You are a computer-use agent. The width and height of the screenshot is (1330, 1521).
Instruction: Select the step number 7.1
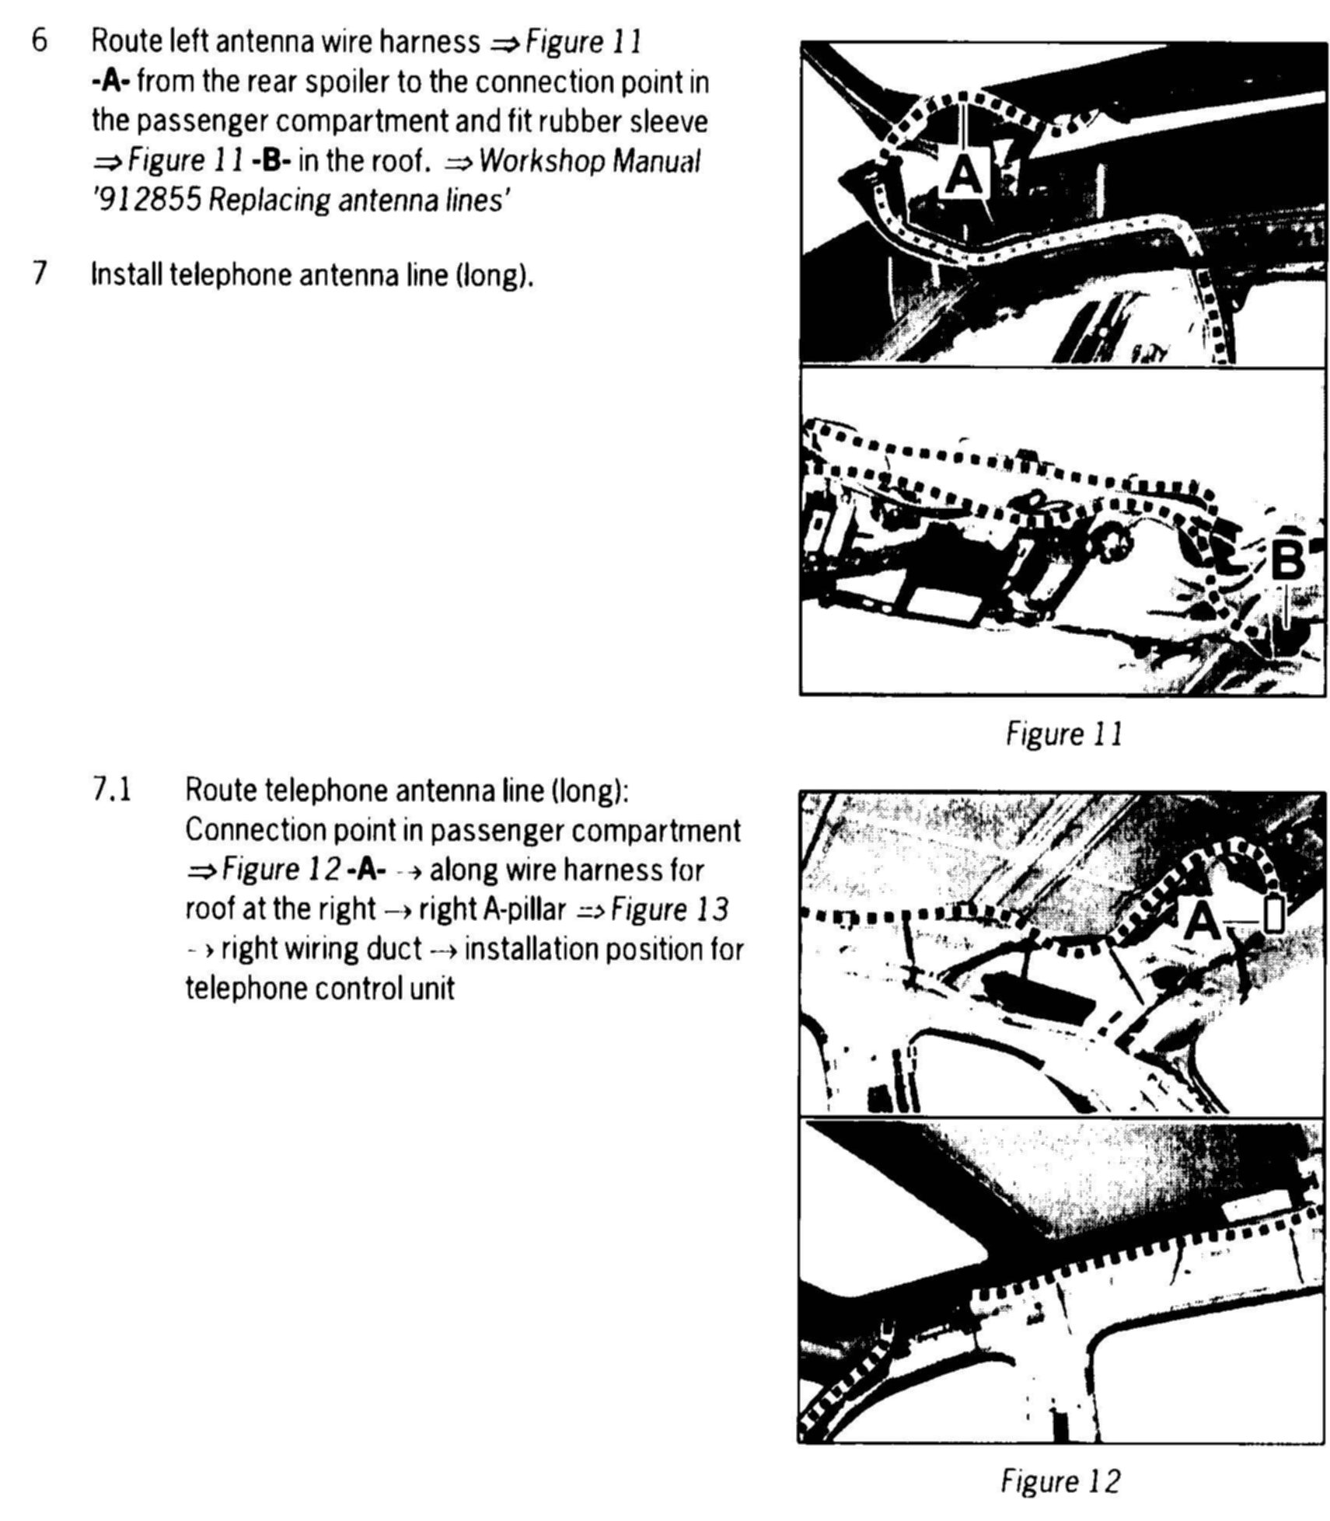(x=112, y=790)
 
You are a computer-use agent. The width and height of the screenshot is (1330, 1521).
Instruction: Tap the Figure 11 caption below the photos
(x=1064, y=733)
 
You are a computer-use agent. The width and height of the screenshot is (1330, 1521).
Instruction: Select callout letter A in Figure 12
(x=1202, y=923)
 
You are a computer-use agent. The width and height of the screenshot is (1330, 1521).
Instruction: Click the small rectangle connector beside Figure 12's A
(x=1273, y=915)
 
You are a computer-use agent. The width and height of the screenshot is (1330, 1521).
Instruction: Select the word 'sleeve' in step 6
(x=669, y=121)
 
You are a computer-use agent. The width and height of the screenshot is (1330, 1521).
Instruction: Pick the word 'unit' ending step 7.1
(x=431, y=989)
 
